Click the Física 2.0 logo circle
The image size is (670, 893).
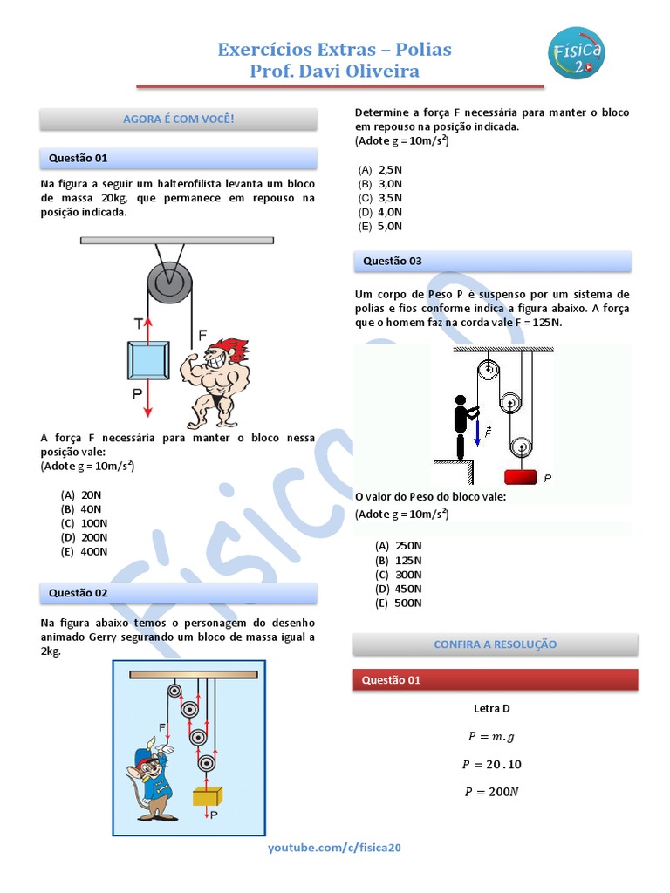(577, 51)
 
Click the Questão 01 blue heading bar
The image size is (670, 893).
(178, 159)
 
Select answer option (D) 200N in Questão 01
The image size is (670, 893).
(84, 537)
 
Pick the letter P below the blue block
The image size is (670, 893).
(137, 394)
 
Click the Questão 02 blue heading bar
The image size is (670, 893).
(178, 593)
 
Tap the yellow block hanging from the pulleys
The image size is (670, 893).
(208, 795)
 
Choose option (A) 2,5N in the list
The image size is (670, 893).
(380, 169)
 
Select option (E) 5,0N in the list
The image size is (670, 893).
(380, 227)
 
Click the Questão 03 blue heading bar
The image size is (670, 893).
(493, 261)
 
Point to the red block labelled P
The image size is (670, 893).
(522, 475)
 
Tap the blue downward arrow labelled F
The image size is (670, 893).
(478, 430)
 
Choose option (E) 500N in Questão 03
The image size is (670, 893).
(399, 603)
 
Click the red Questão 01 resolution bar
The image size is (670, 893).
(495, 680)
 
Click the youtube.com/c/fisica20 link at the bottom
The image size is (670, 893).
(334, 848)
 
